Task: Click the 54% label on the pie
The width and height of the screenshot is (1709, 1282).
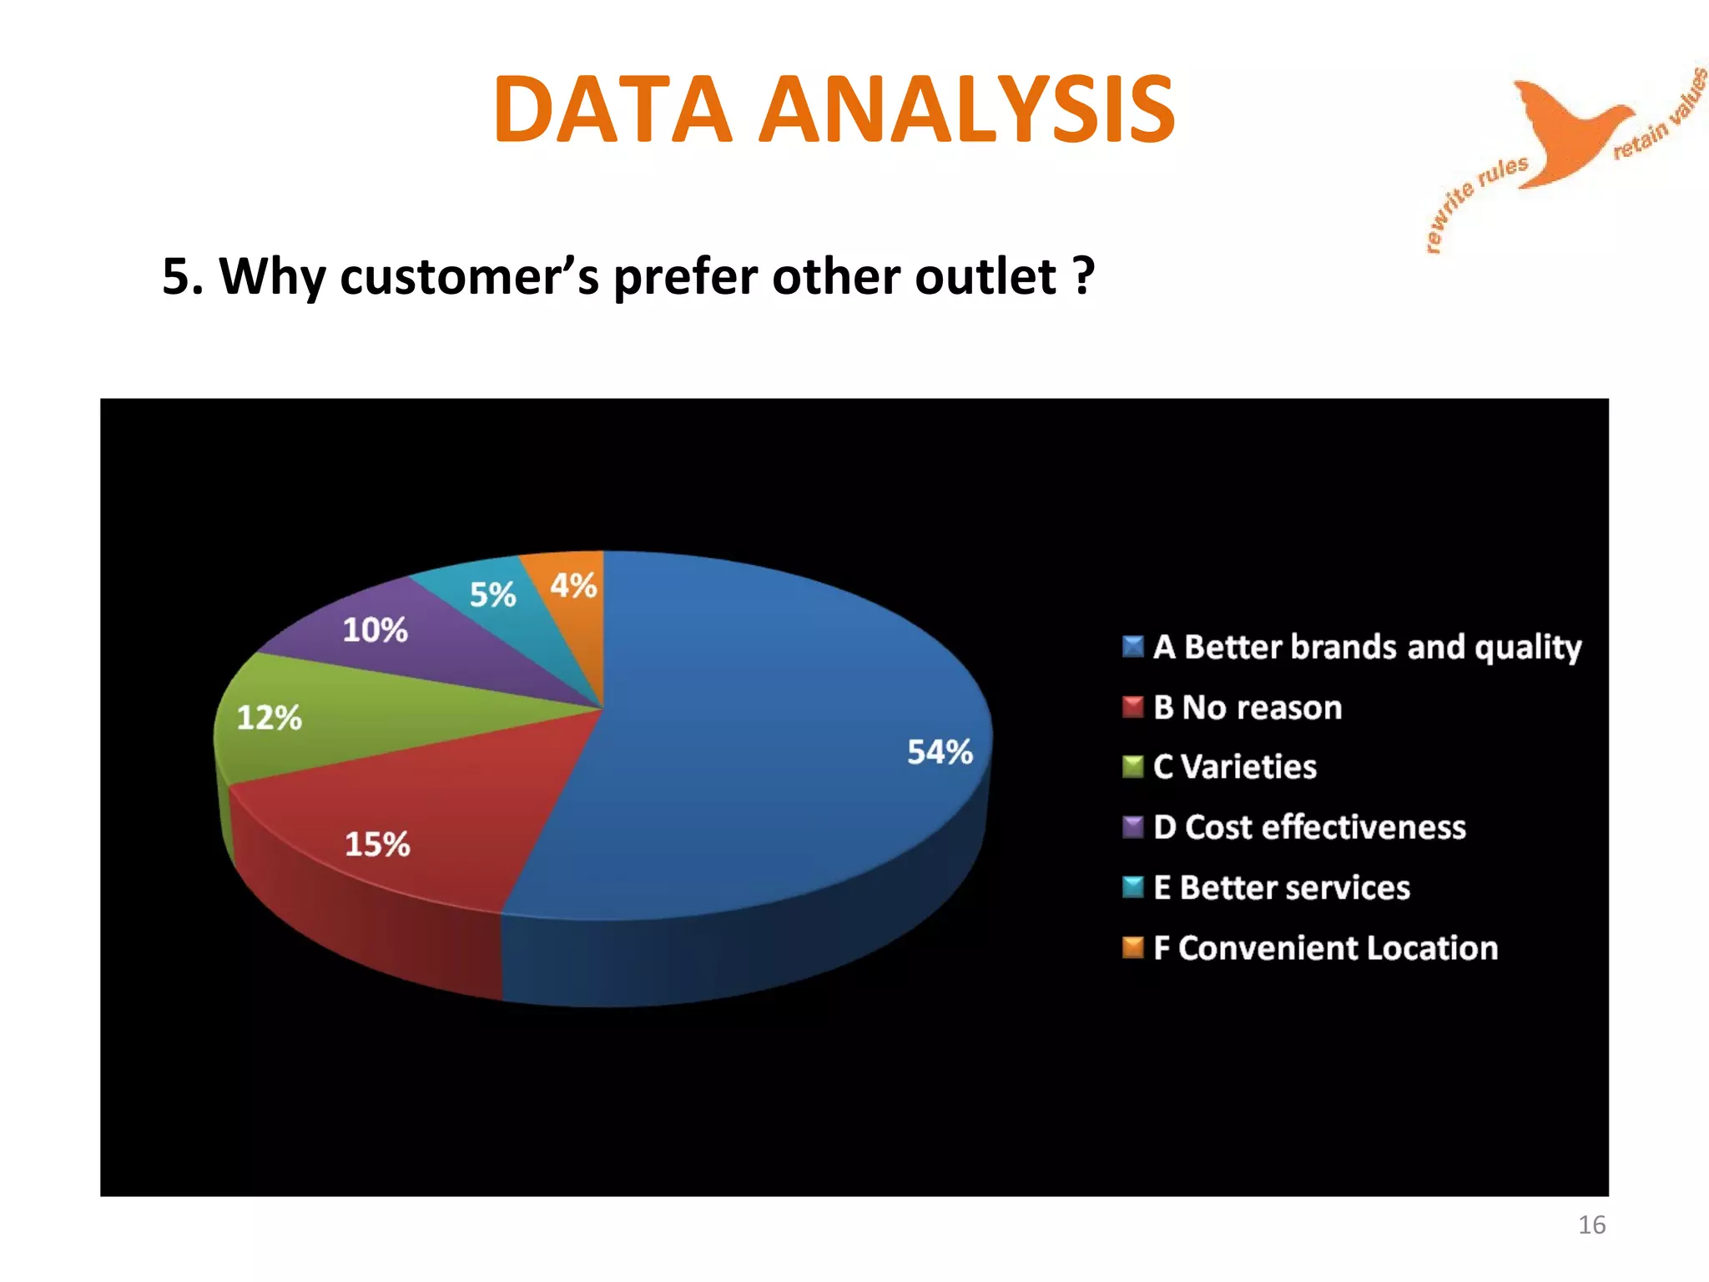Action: (940, 752)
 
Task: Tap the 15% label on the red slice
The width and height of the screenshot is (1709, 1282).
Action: (377, 844)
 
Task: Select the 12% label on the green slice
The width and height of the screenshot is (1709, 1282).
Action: (269, 718)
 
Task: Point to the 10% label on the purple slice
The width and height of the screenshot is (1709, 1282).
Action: (375, 630)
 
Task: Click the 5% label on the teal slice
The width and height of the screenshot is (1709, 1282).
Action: (492, 595)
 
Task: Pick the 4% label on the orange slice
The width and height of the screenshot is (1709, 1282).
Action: (573, 586)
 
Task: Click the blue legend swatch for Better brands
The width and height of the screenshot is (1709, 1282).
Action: (1132, 647)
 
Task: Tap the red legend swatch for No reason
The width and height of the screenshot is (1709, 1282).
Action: (1132, 707)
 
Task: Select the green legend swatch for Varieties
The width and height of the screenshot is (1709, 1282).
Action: (1132, 767)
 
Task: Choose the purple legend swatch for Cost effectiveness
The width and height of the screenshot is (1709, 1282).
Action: (1132, 827)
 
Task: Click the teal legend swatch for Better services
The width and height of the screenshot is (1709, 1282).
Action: (1132, 887)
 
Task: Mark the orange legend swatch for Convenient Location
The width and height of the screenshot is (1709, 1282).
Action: (1132, 947)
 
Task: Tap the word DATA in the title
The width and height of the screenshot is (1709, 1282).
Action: (613, 109)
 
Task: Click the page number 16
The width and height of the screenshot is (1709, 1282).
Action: (1591, 1224)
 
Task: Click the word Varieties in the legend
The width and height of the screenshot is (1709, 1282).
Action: (1249, 767)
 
